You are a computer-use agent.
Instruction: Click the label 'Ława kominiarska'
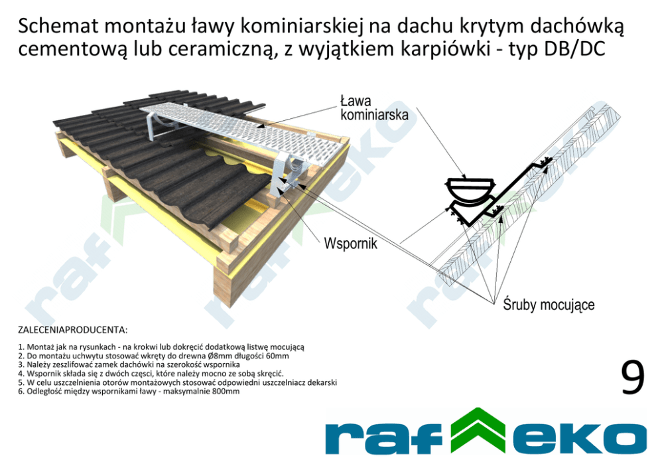coord(373,108)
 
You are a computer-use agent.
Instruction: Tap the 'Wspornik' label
coord(350,244)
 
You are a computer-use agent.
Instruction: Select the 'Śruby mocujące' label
coord(549,305)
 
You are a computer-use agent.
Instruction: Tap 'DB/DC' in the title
coord(572,50)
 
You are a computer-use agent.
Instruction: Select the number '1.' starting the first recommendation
coord(21,347)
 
